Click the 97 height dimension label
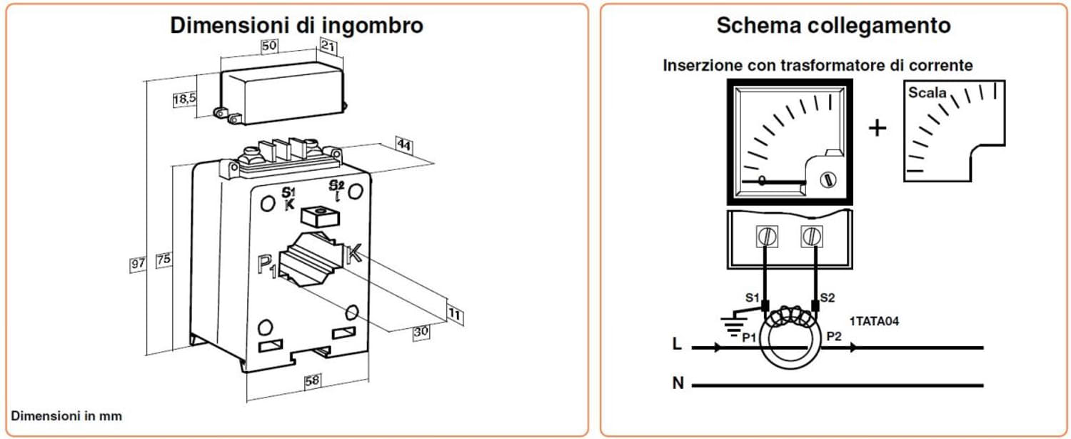pyautogui.click(x=138, y=263)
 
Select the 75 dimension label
pyautogui.click(x=164, y=260)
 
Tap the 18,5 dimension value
pyautogui.click(x=184, y=100)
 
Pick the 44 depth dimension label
pyautogui.click(x=404, y=146)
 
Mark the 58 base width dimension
pyautogui.click(x=312, y=381)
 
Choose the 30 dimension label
pyautogui.click(x=421, y=332)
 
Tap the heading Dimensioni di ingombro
pyautogui.click(x=296, y=26)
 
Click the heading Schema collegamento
pyautogui.click(x=833, y=26)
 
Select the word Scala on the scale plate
pyautogui.click(x=927, y=93)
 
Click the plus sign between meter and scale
pyautogui.click(x=877, y=128)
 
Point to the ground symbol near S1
pyautogui.click(x=730, y=325)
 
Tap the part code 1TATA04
pyautogui.click(x=875, y=321)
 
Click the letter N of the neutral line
pyautogui.click(x=678, y=384)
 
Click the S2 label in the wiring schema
pyautogui.click(x=828, y=297)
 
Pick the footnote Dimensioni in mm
pyautogui.click(x=66, y=415)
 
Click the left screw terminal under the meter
pyautogui.click(x=765, y=235)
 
